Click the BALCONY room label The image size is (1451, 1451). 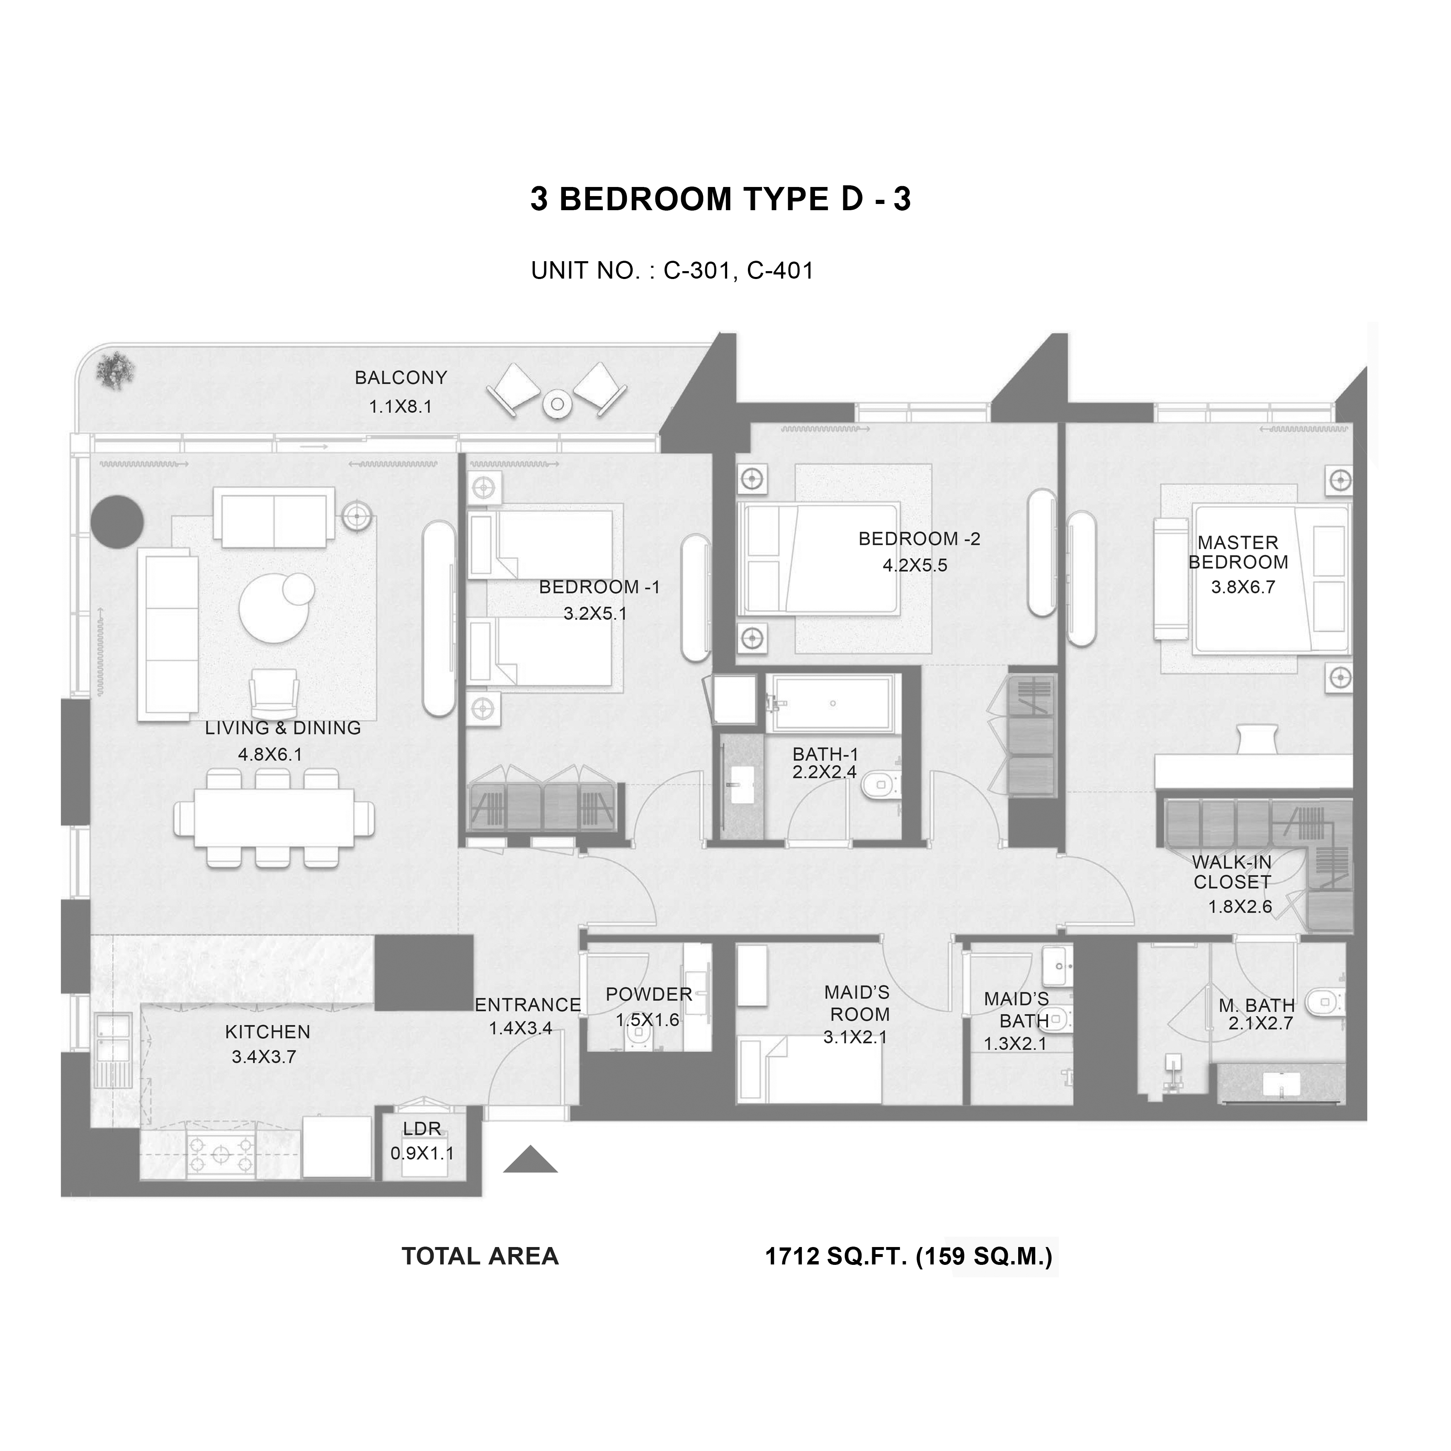pos(400,378)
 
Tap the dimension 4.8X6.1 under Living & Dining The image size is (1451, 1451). pos(270,755)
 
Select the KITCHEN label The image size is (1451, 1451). pos(267,1032)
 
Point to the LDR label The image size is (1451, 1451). pos(422,1129)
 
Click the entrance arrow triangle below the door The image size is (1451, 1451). pos(530,1160)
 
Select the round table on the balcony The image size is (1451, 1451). pos(557,404)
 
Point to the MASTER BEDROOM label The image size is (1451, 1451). pos(1238,552)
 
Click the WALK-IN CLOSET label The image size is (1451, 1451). pos(1233,872)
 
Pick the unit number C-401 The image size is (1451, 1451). pos(780,270)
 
